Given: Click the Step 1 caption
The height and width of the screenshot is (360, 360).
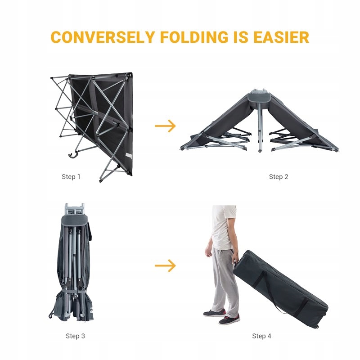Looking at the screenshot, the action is (x=71, y=177).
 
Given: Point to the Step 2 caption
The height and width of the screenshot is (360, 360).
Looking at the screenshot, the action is (x=279, y=177).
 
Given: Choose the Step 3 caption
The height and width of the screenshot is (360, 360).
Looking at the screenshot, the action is (x=75, y=336).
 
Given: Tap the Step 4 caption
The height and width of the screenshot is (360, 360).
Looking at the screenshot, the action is (x=262, y=336).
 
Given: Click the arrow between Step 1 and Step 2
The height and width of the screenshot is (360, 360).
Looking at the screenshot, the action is (x=165, y=126).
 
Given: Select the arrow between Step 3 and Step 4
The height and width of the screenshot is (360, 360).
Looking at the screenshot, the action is (x=165, y=266).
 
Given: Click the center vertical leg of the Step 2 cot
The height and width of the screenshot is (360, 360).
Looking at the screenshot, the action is (x=260, y=130).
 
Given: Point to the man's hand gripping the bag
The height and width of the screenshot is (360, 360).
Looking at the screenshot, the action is (x=235, y=260).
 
